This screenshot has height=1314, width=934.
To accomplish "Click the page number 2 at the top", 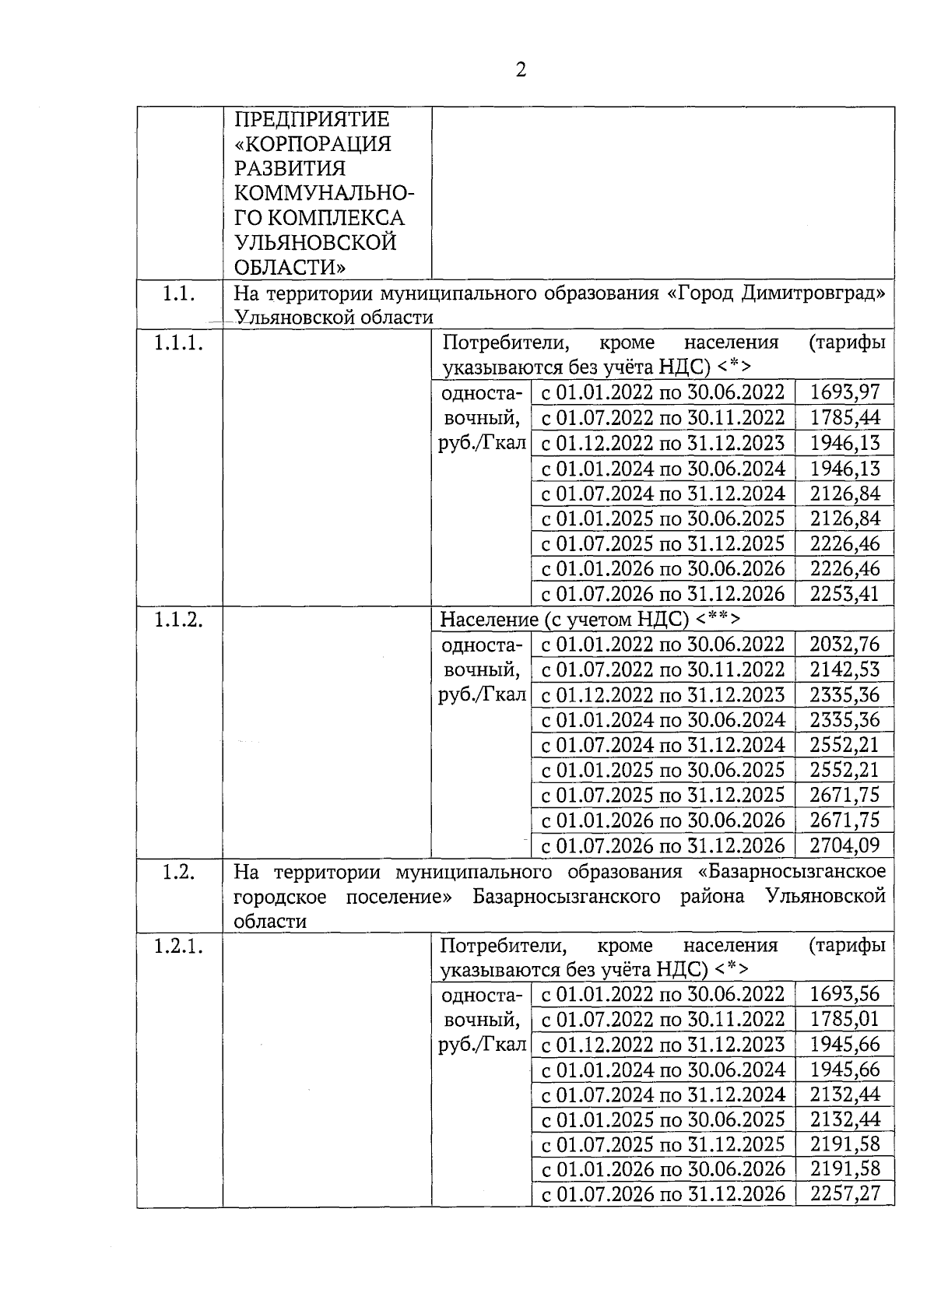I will coord(521,70).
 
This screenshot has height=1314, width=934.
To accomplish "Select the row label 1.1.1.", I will coord(179,343).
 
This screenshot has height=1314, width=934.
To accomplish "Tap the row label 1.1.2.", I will coord(179,619).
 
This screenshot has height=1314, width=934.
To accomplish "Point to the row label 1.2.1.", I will coord(179,946).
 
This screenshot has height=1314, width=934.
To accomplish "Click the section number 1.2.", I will coord(179,872).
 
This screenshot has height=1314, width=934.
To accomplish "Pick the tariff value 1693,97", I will coord(844,392).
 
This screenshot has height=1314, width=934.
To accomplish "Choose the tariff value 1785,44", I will coord(844,418).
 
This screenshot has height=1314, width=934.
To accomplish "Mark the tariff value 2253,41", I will coord(844,594).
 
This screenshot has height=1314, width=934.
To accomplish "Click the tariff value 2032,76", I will coord(844,644).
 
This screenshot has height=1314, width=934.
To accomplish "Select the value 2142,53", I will coord(844,669).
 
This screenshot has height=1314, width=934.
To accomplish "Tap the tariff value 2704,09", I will coord(844,845).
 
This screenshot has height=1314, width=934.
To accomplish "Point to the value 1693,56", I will coord(844,994).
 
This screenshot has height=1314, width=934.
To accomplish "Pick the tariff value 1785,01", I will coord(844,1019).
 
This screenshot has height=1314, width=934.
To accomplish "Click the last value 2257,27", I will coord(844,1194).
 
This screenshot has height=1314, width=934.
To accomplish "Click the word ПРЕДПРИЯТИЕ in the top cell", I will coord(312,120).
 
